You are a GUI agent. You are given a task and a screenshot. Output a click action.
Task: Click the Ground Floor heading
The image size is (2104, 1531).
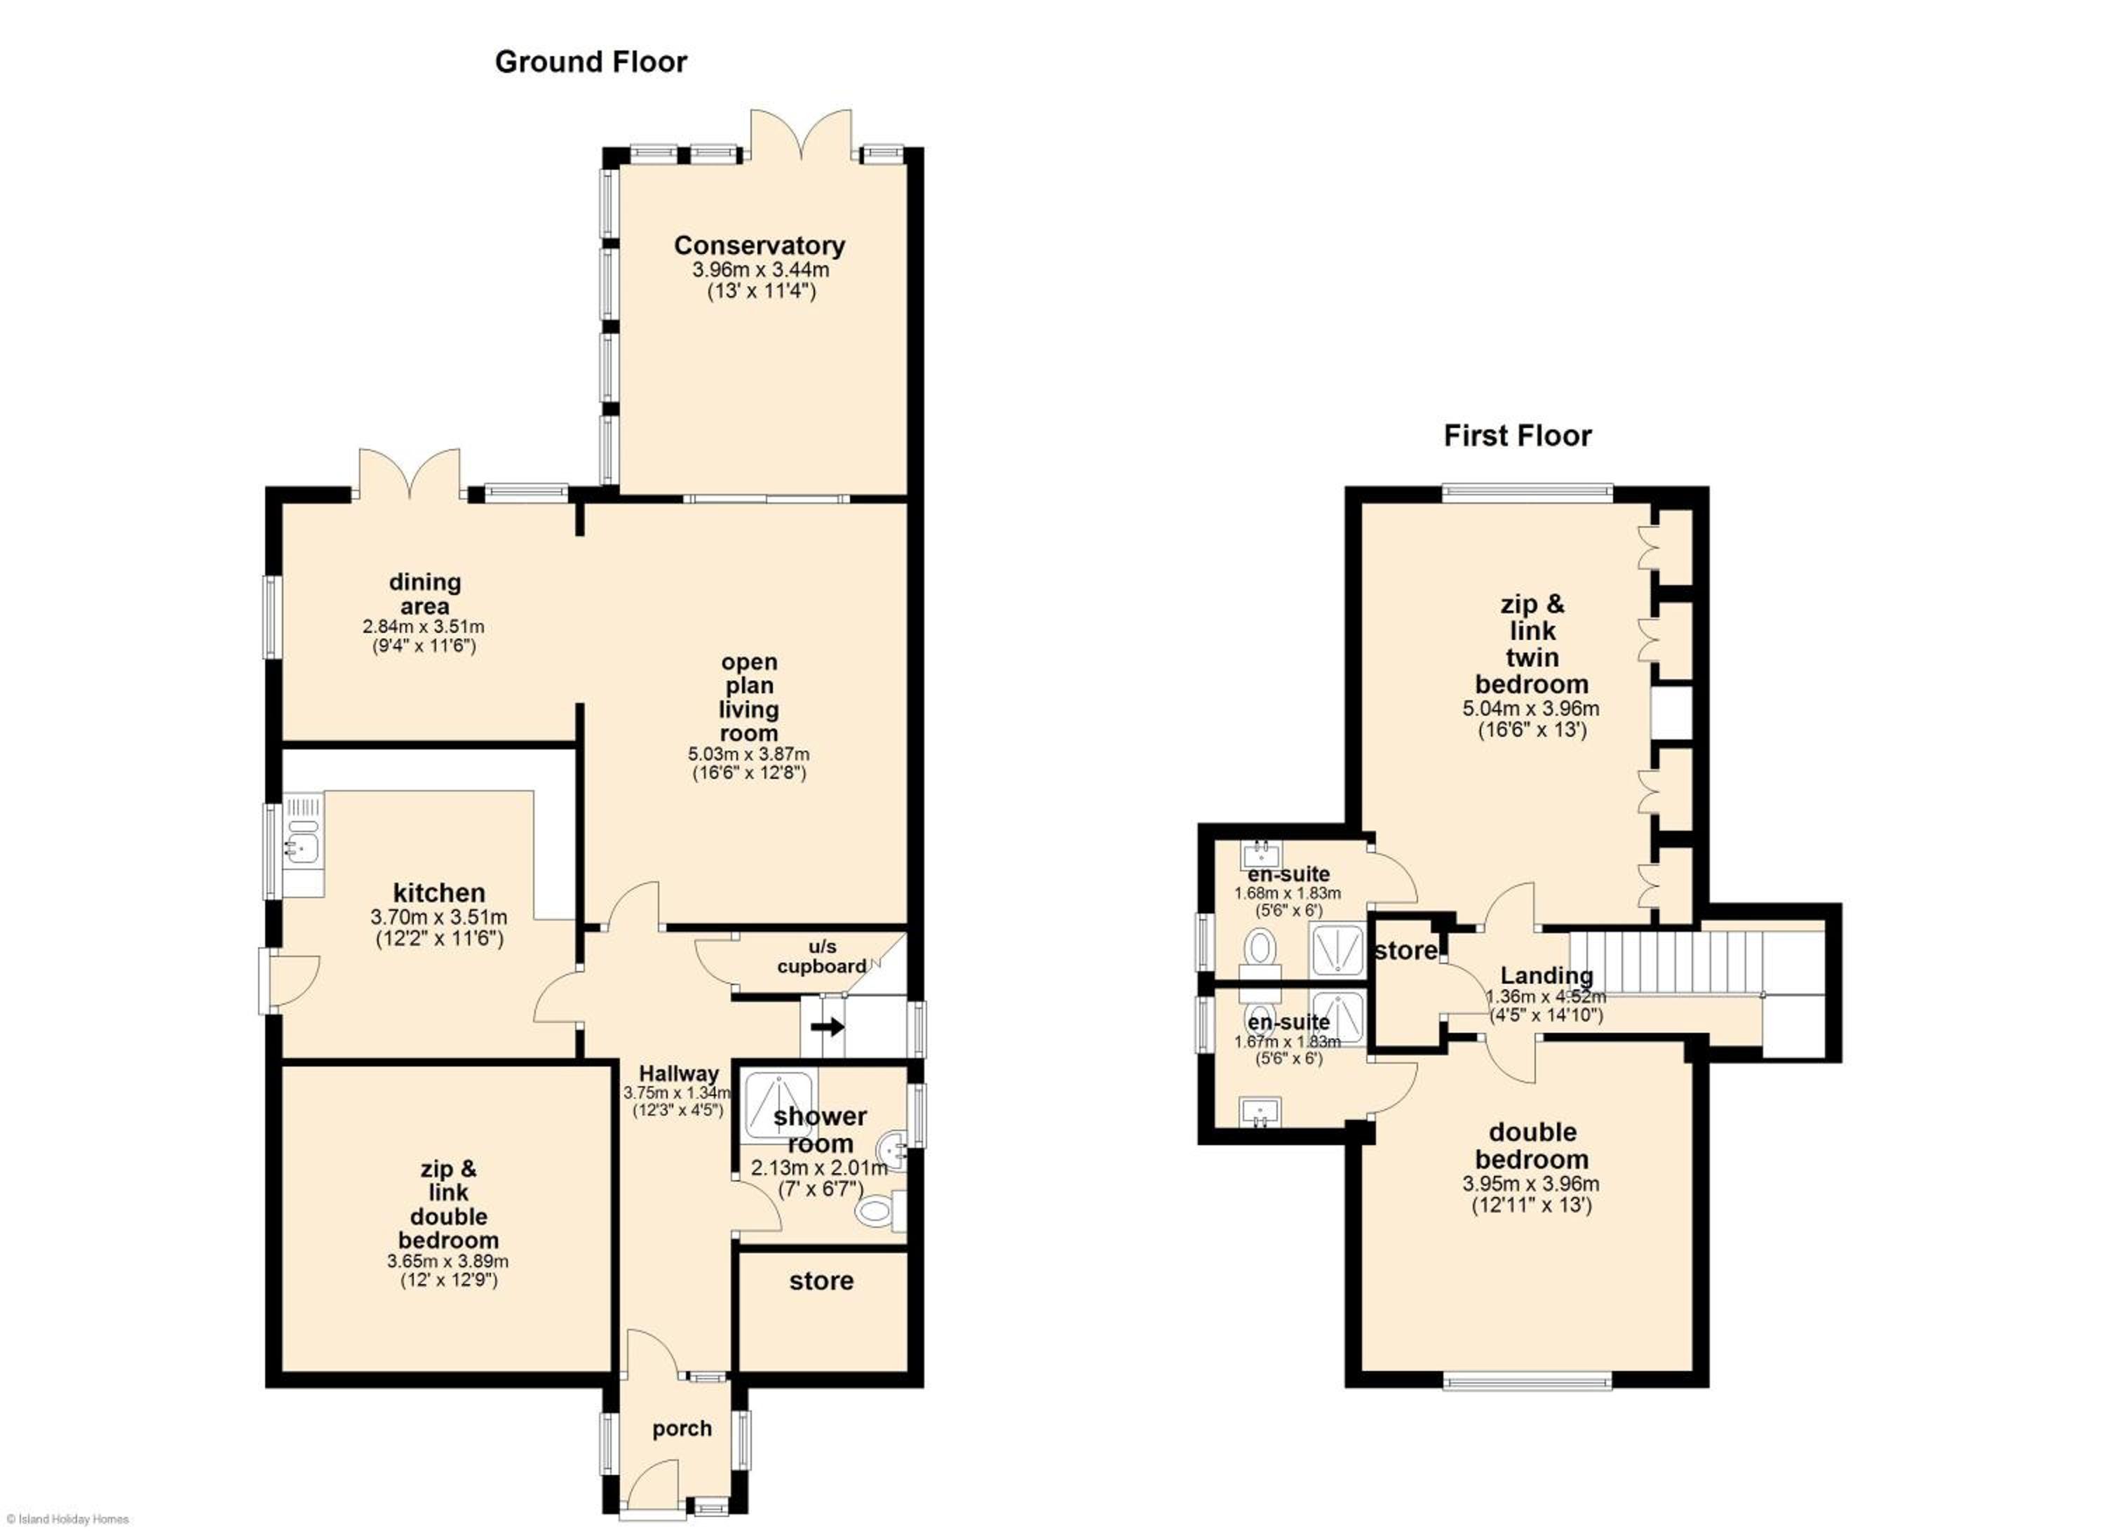(591, 62)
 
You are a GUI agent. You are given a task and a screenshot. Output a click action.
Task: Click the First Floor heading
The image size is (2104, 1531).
(1518, 436)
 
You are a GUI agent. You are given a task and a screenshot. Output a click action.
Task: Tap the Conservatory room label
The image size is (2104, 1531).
(760, 245)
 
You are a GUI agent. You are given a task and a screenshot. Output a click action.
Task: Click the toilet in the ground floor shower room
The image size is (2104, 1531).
(879, 1210)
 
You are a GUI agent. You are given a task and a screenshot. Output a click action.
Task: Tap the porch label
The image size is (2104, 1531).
(682, 1429)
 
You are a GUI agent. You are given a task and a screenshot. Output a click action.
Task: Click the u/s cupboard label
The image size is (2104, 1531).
(822, 956)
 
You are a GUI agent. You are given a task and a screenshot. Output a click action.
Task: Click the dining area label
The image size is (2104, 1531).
(425, 594)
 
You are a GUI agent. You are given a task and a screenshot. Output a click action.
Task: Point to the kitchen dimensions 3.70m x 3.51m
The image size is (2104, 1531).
(439, 918)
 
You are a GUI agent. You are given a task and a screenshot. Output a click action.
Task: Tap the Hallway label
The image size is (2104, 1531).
(679, 1074)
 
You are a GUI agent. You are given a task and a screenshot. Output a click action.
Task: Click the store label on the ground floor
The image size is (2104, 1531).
(821, 1281)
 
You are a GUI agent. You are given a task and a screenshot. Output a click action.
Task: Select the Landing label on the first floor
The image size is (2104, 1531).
(1546, 975)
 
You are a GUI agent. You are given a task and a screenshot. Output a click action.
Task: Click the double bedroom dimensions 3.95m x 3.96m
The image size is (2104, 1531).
(1531, 1184)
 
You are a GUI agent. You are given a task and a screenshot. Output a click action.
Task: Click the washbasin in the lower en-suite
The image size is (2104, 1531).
(1260, 1111)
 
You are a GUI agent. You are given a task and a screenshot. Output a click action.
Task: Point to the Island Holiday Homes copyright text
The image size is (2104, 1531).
(65, 1519)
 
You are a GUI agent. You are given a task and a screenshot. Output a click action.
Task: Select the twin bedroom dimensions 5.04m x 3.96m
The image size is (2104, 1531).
(1531, 709)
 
